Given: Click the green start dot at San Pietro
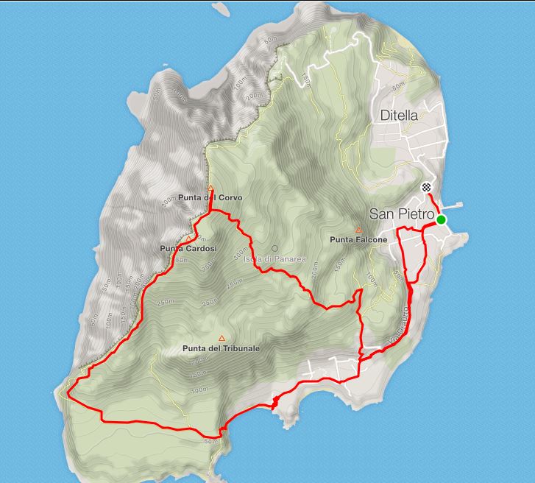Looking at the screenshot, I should (441, 219).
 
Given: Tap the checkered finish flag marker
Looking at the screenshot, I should (426, 188).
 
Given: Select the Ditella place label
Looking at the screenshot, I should (399, 116).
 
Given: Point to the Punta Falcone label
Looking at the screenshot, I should (358, 239).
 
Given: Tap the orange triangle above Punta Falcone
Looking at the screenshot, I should (358, 230).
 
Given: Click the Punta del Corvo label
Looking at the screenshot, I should (210, 198).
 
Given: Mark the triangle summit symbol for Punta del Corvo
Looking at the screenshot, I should (210, 188).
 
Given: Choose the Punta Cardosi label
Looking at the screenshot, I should (188, 249).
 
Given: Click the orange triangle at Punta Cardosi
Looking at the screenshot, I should (189, 239).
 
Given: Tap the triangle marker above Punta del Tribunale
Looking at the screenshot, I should (222, 339).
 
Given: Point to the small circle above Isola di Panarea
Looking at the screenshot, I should (275, 249).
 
